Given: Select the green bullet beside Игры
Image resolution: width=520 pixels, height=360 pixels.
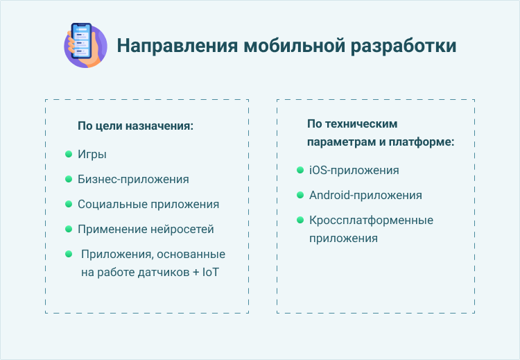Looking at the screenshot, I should [x=69, y=154].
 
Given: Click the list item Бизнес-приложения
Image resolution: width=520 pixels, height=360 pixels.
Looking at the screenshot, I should [x=133, y=179].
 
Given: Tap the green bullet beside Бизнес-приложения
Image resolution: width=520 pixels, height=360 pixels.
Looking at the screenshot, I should [x=69, y=179].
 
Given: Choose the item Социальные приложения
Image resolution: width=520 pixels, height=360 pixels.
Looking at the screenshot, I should [x=148, y=204].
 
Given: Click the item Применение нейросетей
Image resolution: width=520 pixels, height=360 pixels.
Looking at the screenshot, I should [x=146, y=229].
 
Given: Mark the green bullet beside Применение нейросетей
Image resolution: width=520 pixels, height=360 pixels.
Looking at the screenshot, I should [x=69, y=229].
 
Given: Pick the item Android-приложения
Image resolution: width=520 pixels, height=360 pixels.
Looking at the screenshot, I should [x=365, y=195].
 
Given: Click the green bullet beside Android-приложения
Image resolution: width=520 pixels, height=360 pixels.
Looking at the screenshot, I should [x=300, y=195].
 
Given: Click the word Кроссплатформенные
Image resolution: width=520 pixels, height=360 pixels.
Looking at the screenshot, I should [x=371, y=220].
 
